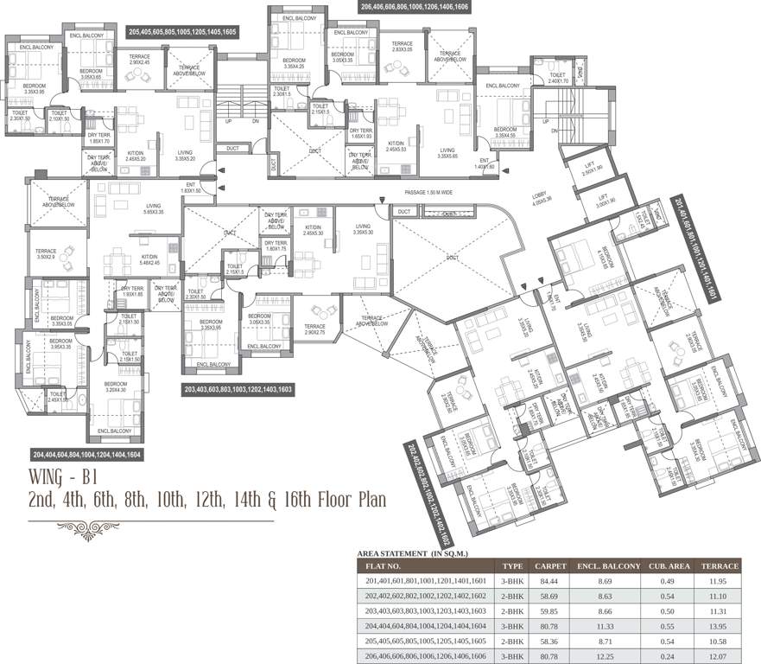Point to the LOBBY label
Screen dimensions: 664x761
click(x=541, y=197)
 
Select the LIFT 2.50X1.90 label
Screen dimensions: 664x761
click(x=593, y=170)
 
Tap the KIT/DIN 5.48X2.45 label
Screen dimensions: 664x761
click(x=149, y=260)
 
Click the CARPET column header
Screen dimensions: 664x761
click(x=550, y=566)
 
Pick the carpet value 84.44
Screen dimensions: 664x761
click(x=550, y=582)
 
